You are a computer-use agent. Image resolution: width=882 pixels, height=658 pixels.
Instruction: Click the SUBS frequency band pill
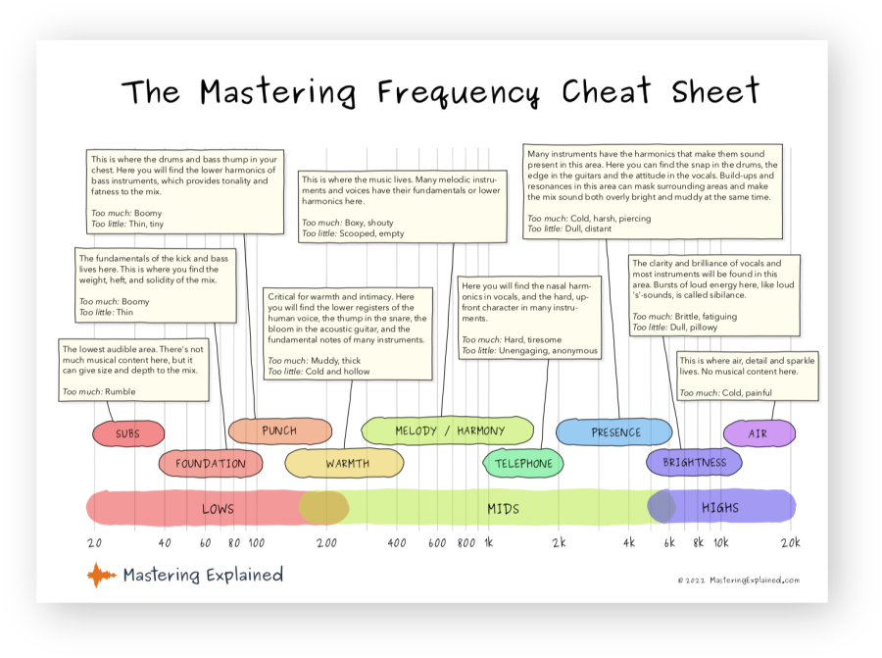pos(127,433)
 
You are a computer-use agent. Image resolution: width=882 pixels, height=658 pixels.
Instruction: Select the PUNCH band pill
pos(279,430)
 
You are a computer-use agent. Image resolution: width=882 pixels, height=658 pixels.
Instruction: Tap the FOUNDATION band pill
pos(211,463)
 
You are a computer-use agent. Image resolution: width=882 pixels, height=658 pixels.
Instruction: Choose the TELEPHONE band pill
pos(523,463)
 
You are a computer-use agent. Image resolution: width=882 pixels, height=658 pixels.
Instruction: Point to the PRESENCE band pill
pos(616,431)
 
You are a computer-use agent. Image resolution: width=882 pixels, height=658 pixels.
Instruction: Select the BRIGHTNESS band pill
pos(695,462)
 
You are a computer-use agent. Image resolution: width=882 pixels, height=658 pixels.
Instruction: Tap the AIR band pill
pos(758,432)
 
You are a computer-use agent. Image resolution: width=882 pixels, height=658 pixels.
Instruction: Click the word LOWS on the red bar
pos(218,508)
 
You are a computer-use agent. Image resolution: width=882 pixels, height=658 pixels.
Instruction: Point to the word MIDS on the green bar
pos(503,508)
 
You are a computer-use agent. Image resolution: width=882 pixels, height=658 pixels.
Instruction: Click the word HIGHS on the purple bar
pos(720,508)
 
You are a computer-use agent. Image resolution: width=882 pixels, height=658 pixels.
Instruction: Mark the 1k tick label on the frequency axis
pos(489,542)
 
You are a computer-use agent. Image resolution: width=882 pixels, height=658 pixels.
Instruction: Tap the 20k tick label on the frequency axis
pos(790,542)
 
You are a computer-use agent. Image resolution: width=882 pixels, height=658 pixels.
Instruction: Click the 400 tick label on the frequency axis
pos(397,542)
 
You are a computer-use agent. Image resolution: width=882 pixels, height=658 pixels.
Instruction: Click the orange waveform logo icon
pos(101,575)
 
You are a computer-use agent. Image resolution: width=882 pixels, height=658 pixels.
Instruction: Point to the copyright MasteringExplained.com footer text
pos(738,580)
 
